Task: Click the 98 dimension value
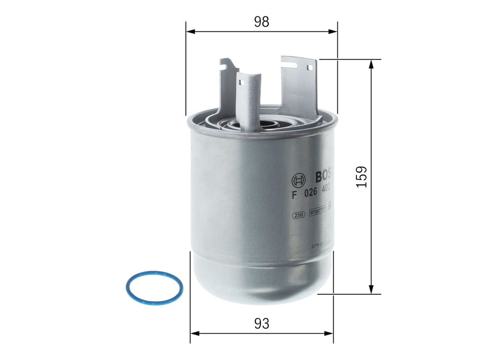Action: (262, 21)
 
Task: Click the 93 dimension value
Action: (262, 323)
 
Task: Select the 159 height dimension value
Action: (361, 176)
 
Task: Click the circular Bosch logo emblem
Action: (299, 178)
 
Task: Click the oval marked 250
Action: (298, 215)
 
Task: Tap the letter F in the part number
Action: (294, 194)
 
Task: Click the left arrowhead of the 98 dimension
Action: (189, 31)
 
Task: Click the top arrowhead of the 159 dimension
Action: (371, 64)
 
